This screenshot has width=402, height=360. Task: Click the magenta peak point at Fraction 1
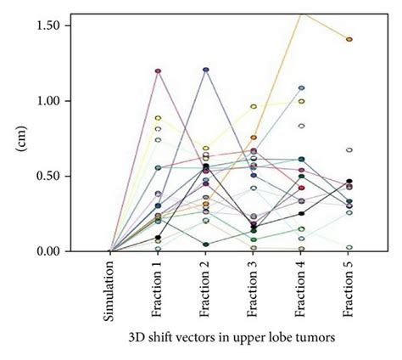[x=159, y=70]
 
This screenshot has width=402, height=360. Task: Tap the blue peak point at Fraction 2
[x=206, y=70]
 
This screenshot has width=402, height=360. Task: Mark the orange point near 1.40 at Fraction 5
[x=349, y=39]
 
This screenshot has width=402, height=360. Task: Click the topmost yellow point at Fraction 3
[x=254, y=106]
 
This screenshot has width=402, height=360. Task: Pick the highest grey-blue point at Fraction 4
[x=301, y=87]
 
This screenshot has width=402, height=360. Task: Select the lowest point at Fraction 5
[x=349, y=247]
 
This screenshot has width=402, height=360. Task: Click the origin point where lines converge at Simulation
[x=111, y=251]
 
